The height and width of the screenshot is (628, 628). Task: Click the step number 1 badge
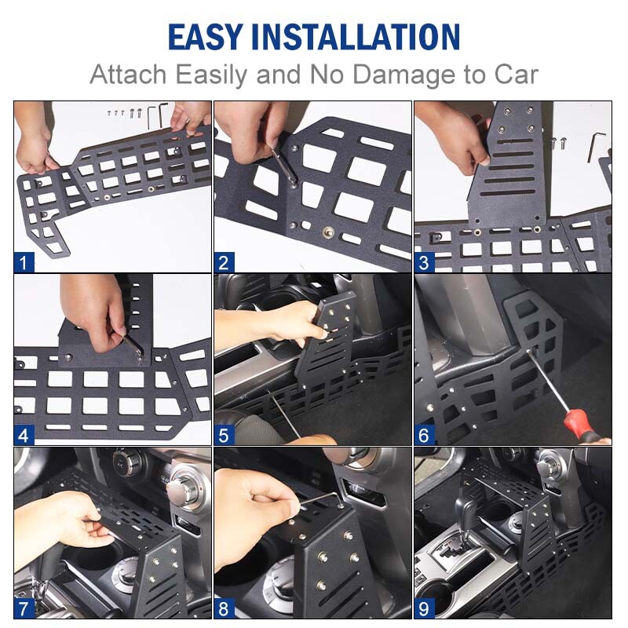tap(24, 262)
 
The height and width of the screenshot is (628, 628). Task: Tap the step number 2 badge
tap(224, 262)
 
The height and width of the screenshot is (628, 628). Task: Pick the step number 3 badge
tap(424, 262)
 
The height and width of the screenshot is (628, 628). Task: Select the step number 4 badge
tap(24, 434)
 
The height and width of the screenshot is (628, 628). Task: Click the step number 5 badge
tap(224, 434)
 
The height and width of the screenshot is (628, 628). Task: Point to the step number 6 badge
tap(424, 434)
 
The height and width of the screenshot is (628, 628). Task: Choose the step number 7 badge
tap(24, 608)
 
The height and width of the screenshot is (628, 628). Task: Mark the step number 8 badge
tap(224, 608)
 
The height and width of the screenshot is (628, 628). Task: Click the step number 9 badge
tap(424, 608)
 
